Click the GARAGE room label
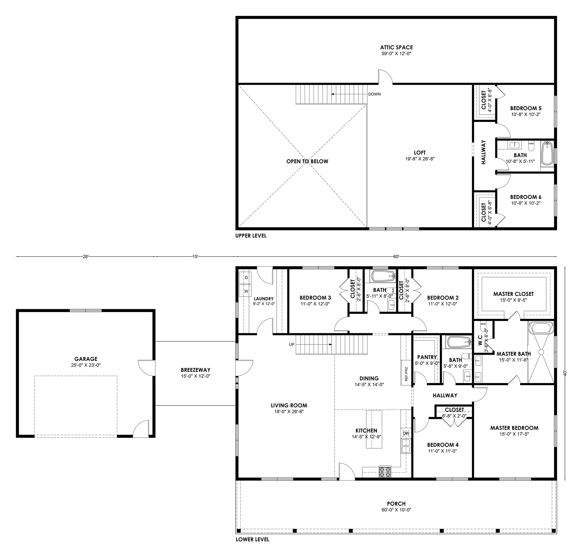pos(86,359)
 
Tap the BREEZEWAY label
pos(196,370)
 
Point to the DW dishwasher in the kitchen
pos(406,433)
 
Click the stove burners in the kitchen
pos(385,471)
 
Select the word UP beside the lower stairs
pos(292,344)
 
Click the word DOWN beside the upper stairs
pos(375,94)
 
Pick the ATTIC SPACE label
pos(396,47)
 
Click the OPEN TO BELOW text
pos(307,161)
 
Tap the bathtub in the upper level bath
pos(547,153)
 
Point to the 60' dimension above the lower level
pos(396,257)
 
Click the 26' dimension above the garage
pos(85,257)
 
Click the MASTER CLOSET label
pos(513,294)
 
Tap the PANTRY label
pos(427,357)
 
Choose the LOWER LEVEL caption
pos(252,539)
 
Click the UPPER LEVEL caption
pos(251,235)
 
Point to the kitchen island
pos(374,429)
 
